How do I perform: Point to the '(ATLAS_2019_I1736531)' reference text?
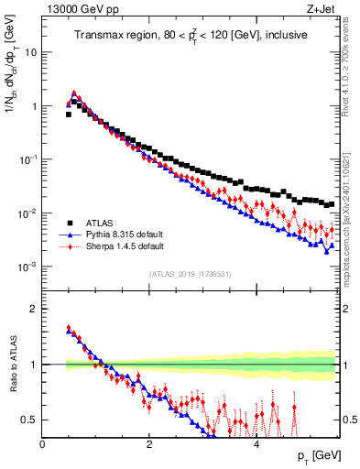pos(190,274)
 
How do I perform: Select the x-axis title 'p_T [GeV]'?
pos(317,455)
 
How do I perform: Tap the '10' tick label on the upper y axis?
pos(30,52)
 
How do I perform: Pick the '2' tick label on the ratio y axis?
pos(33,309)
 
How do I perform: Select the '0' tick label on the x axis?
pos(42,442)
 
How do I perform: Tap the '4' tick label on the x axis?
pos(256,442)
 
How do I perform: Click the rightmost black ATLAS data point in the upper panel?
pos(332,203)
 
